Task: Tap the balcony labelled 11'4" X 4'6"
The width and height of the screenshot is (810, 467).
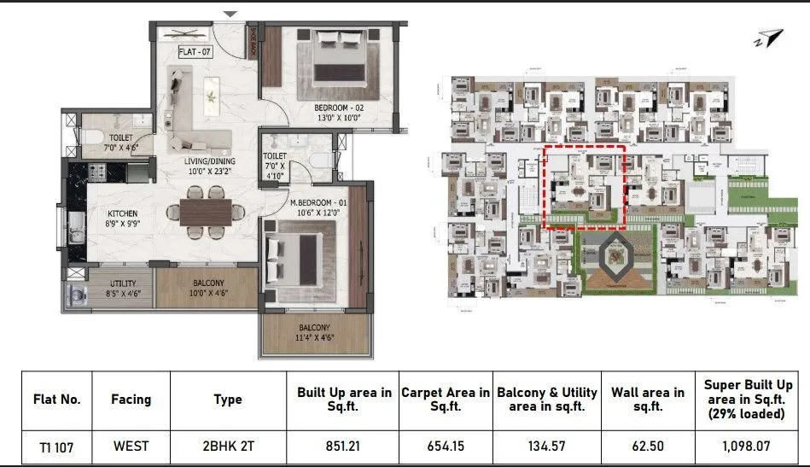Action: point(315,331)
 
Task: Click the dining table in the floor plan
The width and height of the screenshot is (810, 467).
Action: point(206,210)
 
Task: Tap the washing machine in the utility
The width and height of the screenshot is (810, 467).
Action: point(72,293)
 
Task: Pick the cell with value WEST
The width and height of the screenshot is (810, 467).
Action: point(131,445)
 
